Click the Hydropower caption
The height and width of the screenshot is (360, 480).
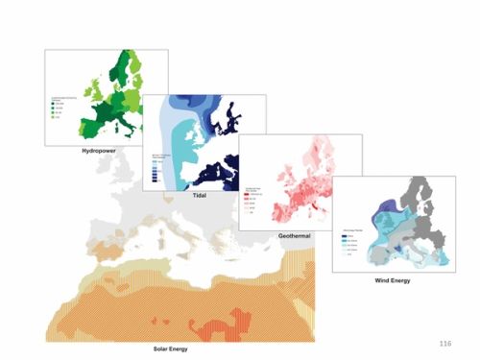tap(106, 152)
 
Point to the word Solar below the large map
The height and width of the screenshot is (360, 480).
tap(169, 348)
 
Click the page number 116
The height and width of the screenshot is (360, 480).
tap(444, 342)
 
